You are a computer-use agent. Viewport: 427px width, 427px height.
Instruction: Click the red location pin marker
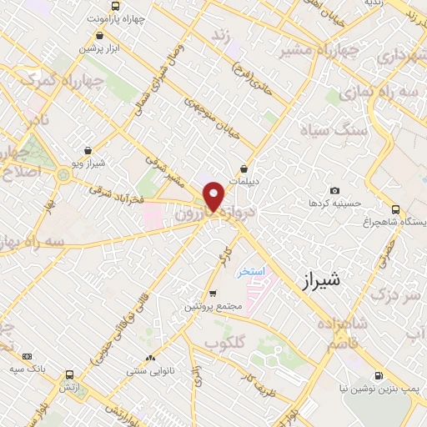pos(214,196)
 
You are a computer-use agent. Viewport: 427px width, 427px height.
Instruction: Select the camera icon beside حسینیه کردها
pos(335,191)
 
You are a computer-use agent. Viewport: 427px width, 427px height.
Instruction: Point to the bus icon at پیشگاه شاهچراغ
pos(395,209)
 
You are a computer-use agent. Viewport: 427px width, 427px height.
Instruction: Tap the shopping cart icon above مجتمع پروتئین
pos(213,293)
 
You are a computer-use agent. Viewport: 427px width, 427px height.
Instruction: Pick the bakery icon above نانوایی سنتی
pos(150,359)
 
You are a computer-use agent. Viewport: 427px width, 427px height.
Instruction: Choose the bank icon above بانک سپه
pos(27,356)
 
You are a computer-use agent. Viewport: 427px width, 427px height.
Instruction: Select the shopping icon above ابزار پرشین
pos(100,36)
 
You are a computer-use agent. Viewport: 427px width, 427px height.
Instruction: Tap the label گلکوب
pos(223,343)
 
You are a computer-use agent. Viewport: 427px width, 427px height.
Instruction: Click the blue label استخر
pos(249,272)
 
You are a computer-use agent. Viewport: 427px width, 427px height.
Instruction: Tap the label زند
pos(220,36)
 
